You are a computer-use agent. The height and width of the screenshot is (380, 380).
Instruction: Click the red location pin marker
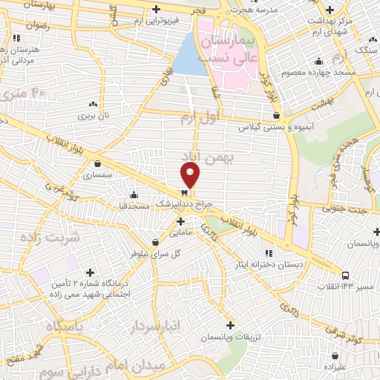coord(191,175)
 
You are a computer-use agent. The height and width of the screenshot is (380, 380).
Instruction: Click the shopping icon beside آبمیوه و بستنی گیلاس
coord(276,116)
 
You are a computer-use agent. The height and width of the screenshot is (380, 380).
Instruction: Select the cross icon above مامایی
coord(180,220)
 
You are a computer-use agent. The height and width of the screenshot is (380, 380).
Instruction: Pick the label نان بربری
coord(94,117)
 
